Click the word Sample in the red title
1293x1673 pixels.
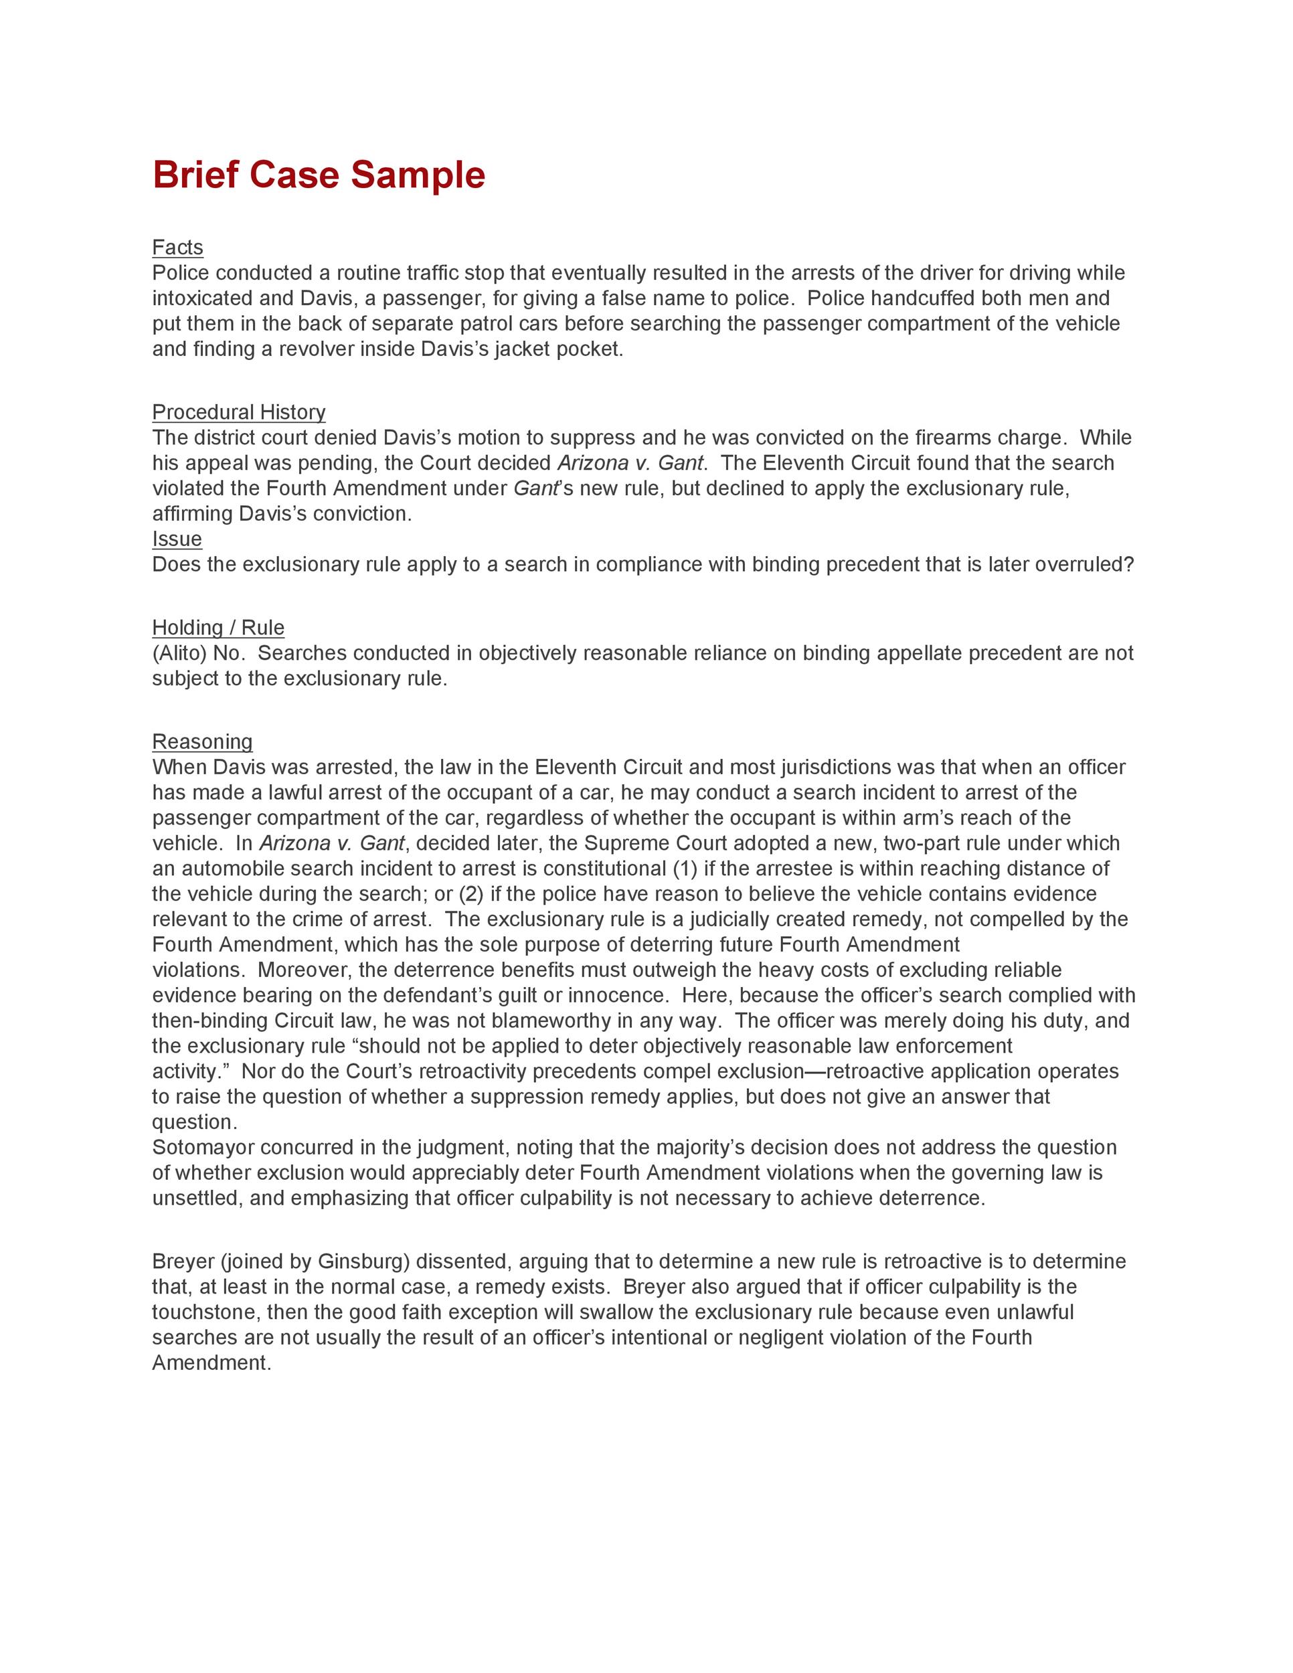[x=418, y=175]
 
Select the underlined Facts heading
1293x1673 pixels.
[x=178, y=248]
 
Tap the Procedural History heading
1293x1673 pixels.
[x=238, y=412]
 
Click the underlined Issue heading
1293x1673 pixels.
[x=177, y=539]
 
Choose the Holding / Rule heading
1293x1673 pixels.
[x=218, y=628]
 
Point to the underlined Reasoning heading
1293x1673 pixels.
[x=202, y=741]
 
